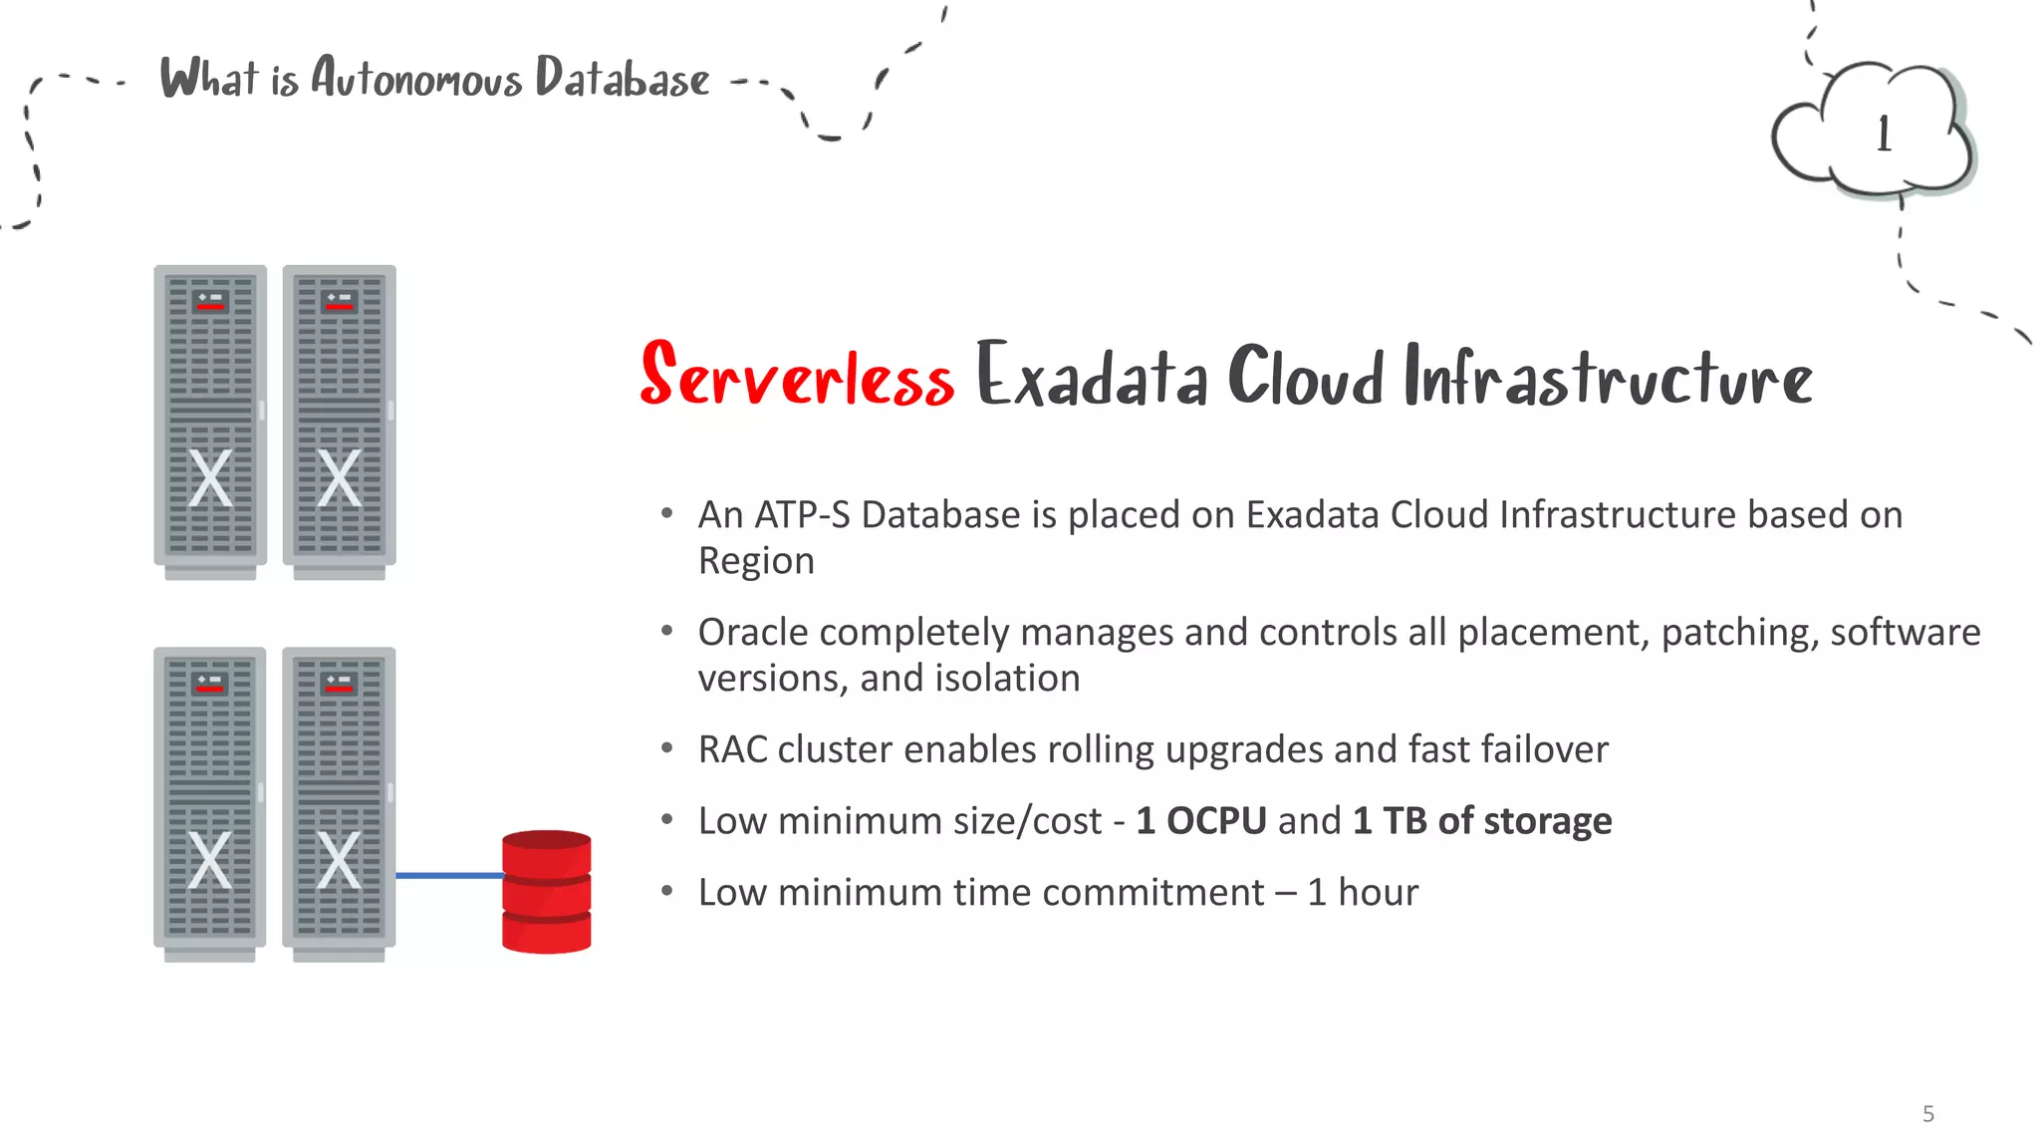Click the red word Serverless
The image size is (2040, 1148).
click(797, 377)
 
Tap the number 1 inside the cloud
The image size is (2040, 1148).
click(1883, 135)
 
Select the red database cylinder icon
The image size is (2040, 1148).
click(546, 891)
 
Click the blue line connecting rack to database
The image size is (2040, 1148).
click(448, 875)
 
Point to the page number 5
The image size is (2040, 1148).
click(1928, 1113)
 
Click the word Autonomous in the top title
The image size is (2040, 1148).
click(416, 78)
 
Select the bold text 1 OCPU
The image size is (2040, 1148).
click(1201, 820)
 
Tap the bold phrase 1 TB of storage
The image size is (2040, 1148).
click(1482, 820)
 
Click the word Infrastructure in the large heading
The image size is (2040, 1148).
click(1608, 377)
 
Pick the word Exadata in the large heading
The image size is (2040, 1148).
click(1092, 377)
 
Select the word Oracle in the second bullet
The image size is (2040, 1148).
click(754, 632)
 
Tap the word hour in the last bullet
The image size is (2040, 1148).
click(1378, 892)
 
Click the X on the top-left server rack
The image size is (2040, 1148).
click(210, 478)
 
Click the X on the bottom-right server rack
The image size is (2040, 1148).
click(339, 860)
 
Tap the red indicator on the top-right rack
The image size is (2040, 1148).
click(340, 306)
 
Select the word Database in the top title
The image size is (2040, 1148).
click(623, 78)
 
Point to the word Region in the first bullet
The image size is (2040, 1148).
click(756, 561)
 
